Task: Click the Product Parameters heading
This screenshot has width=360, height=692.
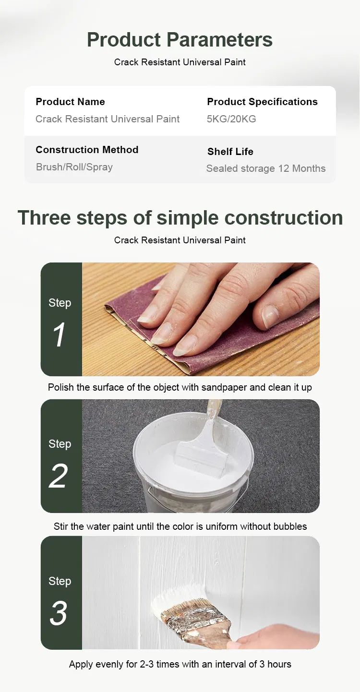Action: pyautogui.click(x=180, y=40)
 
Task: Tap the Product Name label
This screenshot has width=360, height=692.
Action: pyautogui.click(x=70, y=102)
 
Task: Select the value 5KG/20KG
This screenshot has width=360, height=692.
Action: pyautogui.click(x=231, y=119)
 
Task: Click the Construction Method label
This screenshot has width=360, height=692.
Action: pyautogui.click(x=87, y=150)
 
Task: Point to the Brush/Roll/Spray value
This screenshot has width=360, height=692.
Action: pyautogui.click(x=74, y=167)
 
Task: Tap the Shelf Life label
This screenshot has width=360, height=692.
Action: pyautogui.click(x=230, y=151)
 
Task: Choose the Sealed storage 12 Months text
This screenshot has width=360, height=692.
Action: pyautogui.click(x=266, y=168)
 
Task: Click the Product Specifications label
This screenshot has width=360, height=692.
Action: pyautogui.click(x=263, y=102)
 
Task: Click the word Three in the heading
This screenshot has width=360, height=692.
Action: pyautogui.click(x=44, y=218)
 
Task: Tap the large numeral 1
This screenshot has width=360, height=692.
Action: pyautogui.click(x=59, y=334)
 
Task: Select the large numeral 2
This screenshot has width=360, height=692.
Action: pyautogui.click(x=58, y=476)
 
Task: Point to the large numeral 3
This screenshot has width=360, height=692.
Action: pyautogui.click(x=58, y=613)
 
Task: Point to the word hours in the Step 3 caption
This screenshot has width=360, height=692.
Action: pyautogui.click(x=279, y=664)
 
